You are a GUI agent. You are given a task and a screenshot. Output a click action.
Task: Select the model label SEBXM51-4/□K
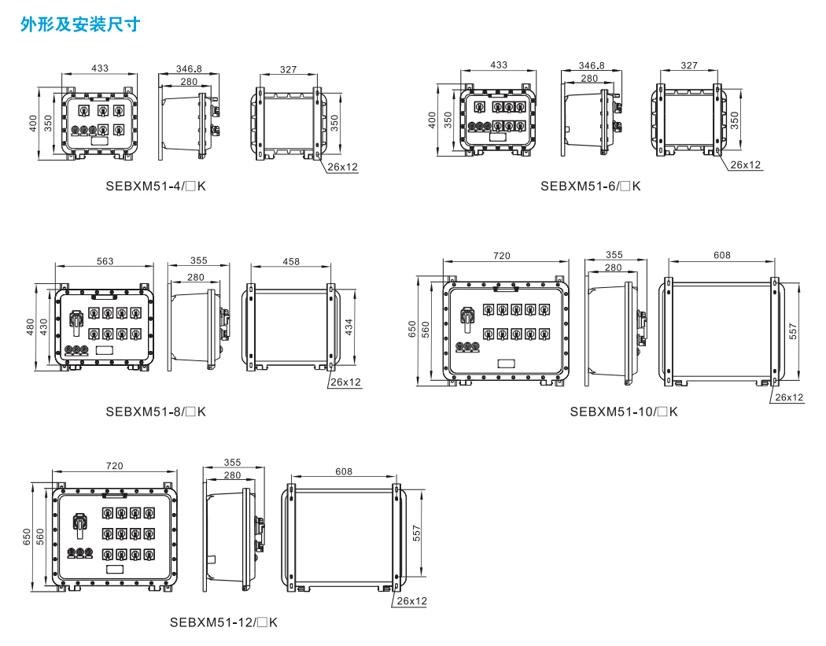coord(155,186)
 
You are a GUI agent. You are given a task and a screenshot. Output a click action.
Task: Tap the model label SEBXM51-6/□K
coord(590,186)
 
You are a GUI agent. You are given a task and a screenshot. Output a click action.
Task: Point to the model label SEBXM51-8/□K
coord(156,412)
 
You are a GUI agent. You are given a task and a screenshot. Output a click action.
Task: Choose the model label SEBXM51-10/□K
coord(623,412)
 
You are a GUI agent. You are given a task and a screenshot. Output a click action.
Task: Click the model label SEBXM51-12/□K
coord(223,622)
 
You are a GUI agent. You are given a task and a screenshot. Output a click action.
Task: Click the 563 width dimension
coord(105,261)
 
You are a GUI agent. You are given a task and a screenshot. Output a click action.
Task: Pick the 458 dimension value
coord(291,261)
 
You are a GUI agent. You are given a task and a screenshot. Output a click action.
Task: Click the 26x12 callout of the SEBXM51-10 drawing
coord(789,397)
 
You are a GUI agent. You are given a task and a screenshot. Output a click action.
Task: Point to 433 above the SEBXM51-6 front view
coord(499,65)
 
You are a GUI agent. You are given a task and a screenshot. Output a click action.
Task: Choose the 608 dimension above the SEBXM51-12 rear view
coord(344,472)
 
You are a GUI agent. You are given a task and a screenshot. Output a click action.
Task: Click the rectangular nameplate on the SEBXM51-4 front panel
coord(99,140)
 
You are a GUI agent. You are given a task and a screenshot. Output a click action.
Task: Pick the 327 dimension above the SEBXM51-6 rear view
coord(689,65)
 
